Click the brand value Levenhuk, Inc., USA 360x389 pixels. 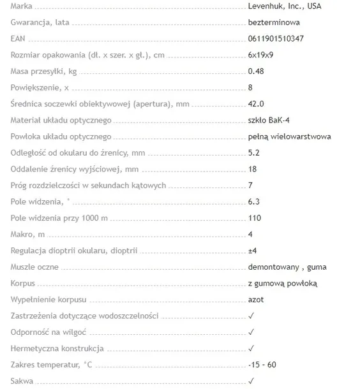pos(284,6)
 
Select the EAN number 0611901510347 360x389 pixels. pos(275,39)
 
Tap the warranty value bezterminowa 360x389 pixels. pos(273,22)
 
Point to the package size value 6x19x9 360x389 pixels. pos(261,55)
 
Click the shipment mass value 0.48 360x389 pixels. pos(256,71)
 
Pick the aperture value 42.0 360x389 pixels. pos(256,104)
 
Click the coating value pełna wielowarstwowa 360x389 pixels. pos(289,136)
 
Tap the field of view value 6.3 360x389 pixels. pos(253,202)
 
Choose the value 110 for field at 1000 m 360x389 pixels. pos(254,218)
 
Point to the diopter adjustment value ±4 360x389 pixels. pos(252,251)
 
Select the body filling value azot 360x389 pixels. pos(256,300)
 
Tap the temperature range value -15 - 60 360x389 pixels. pos(262,365)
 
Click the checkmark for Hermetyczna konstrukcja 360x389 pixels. pos(251,348)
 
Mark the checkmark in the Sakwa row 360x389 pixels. pos(251,381)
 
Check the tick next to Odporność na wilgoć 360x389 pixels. pos(251,332)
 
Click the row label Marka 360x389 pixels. pos(22,6)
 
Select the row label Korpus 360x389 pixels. pos(23,283)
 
